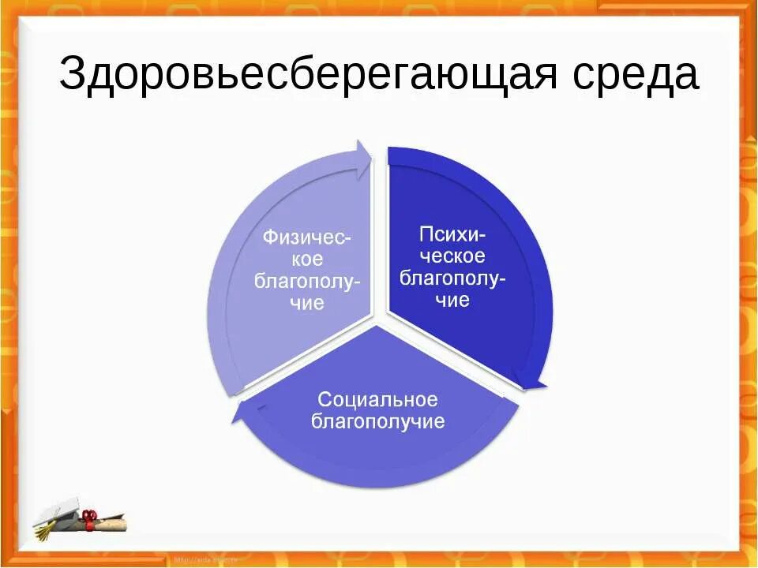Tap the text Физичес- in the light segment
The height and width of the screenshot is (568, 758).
[307, 237]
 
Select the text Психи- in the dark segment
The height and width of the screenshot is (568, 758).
[452, 234]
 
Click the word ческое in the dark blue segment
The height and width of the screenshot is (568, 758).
[452, 256]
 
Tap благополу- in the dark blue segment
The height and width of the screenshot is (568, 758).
[452, 278]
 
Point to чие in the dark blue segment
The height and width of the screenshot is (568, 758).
[452, 300]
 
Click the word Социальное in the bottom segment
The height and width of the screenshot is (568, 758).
[377, 399]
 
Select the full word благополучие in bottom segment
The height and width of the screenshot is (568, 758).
[377, 421]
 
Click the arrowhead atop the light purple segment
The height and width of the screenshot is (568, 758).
[364, 157]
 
